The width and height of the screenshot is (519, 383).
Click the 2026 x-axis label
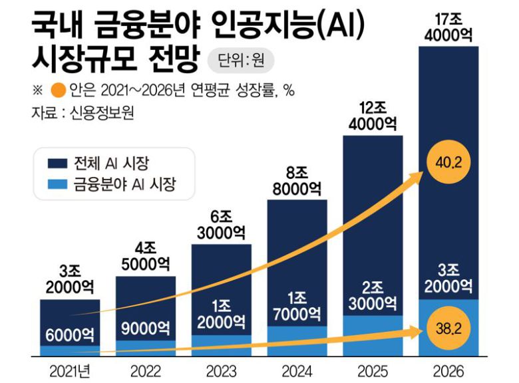coord(447,370)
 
